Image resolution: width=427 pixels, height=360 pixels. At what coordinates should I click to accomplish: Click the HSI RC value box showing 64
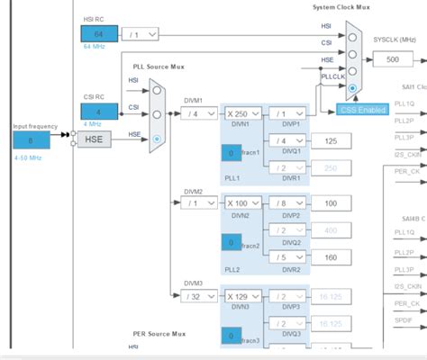(98, 33)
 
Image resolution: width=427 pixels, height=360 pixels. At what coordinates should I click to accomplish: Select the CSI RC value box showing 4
(98, 112)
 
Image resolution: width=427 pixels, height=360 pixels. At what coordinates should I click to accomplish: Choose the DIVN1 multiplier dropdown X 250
(243, 113)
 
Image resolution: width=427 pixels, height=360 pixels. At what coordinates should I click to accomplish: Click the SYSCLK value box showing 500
(393, 59)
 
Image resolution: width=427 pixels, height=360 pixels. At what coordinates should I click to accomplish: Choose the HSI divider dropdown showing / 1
(141, 33)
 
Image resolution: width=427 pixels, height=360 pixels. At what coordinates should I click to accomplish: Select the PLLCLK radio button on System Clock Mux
(351, 89)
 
